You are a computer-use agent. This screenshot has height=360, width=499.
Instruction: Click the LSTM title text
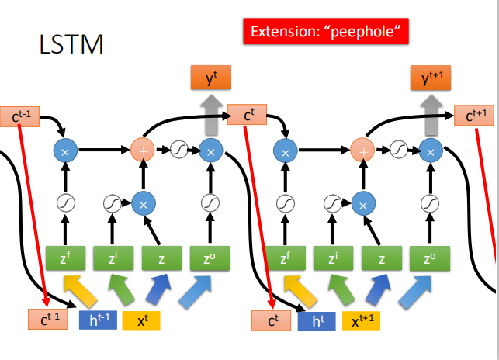point(71,44)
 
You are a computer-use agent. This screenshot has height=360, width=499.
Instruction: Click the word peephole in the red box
point(369,32)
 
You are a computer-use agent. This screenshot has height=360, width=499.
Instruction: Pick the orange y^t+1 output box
point(431,78)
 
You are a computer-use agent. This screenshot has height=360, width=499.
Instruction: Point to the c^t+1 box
point(477,116)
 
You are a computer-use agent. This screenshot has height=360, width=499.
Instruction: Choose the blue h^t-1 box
point(97,319)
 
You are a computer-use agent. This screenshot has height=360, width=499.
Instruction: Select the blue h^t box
point(316,319)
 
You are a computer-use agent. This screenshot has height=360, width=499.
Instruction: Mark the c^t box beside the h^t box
point(271,319)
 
